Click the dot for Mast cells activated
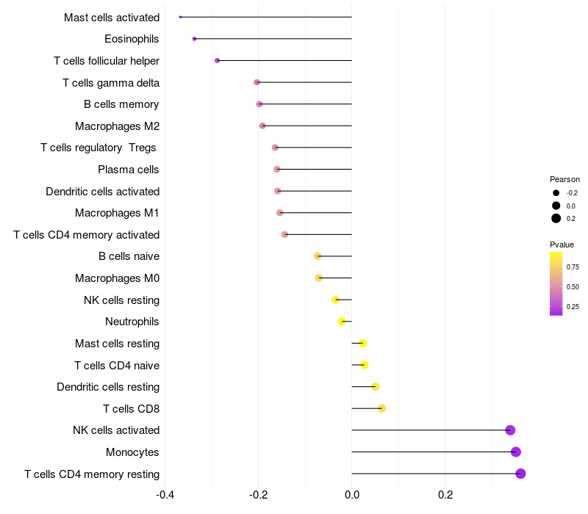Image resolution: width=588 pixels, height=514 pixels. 180,17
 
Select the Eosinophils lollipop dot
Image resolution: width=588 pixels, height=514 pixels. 194,38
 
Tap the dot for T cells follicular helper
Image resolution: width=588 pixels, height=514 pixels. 217,60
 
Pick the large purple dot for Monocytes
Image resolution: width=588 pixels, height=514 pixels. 516,452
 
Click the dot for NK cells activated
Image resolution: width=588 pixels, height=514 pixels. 510,430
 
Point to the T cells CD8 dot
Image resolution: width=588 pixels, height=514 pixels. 381,408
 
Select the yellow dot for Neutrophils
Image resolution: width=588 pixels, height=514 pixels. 342,322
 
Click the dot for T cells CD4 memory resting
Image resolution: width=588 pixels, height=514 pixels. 520,474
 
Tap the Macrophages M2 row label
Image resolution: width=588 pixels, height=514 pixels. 117,126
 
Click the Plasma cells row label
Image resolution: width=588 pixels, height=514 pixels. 129,170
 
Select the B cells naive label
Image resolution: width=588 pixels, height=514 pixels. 129,256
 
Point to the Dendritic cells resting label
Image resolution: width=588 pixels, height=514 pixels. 108,387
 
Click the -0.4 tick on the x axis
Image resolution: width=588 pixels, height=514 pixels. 165,495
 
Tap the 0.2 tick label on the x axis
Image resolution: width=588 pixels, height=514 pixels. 445,495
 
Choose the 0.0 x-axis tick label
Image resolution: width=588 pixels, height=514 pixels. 352,495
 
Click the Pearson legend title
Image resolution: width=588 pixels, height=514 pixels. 564,179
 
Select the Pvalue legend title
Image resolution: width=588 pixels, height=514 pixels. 562,245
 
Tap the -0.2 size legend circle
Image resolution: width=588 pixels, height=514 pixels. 556,193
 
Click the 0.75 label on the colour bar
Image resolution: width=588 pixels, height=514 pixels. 573,267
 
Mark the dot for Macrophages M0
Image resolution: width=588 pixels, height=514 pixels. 318,278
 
